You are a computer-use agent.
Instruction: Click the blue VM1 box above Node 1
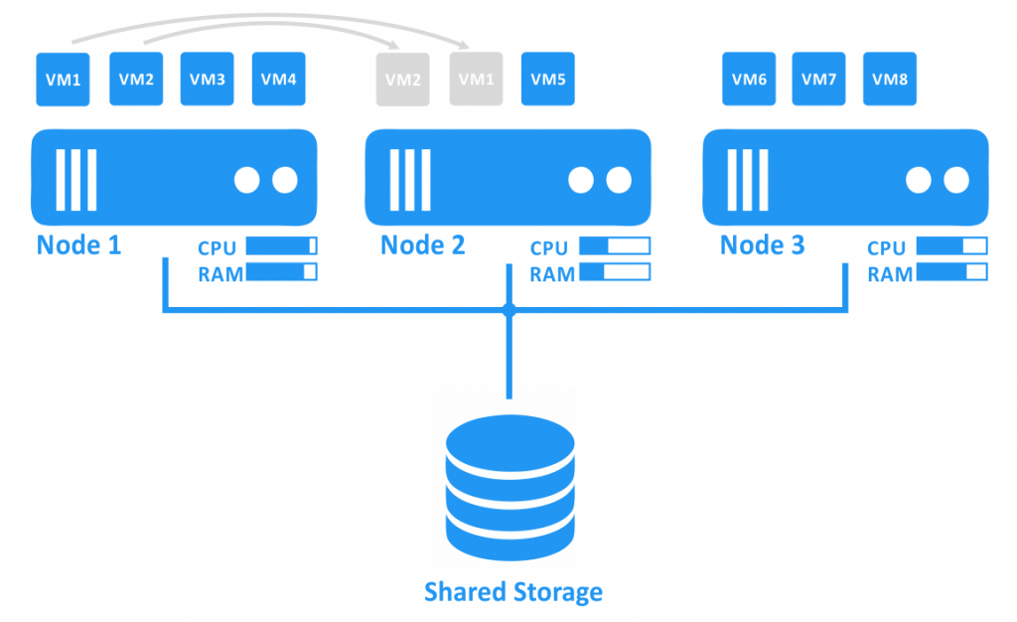pos(63,79)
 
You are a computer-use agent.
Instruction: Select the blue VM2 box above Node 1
pos(135,79)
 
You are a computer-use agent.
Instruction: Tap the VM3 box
pos(207,79)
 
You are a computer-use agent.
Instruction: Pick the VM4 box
pos(279,79)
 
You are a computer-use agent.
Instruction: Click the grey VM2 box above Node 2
pos(403,79)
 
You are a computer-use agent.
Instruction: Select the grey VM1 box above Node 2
pos(475,79)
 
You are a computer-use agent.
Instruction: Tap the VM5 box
pos(547,79)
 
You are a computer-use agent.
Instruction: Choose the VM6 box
pos(748,79)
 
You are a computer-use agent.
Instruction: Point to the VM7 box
pos(818,79)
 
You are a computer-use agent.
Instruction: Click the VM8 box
pos(889,79)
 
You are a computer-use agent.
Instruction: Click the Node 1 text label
pos(78,244)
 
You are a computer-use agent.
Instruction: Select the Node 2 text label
pos(423,244)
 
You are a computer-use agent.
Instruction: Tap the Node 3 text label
pos(762,244)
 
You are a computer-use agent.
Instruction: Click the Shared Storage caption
pos(512,593)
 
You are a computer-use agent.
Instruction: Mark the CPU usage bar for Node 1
pos(281,246)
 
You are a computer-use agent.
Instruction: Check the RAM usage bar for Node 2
pos(615,272)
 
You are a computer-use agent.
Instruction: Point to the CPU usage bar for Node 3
pos(951,246)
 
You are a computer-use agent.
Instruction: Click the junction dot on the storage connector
pos(509,311)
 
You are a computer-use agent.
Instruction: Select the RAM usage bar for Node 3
pos(951,272)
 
